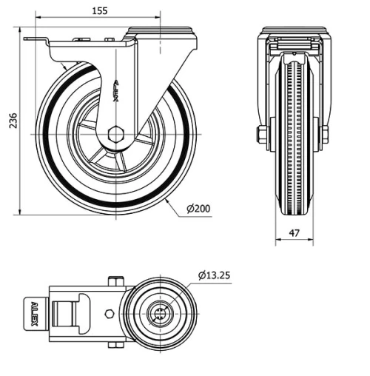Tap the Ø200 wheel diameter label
click(x=198, y=209)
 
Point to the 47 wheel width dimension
click(x=294, y=232)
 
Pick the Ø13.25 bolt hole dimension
click(x=214, y=275)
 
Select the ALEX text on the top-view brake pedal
click(x=33, y=312)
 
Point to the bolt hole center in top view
click(x=158, y=312)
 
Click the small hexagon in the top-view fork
click(x=110, y=313)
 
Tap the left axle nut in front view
click(x=261, y=135)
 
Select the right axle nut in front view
click(x=325, y=135)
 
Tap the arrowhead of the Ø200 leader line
click(x=169, y=200)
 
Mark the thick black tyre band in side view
click(x=48, y=133)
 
